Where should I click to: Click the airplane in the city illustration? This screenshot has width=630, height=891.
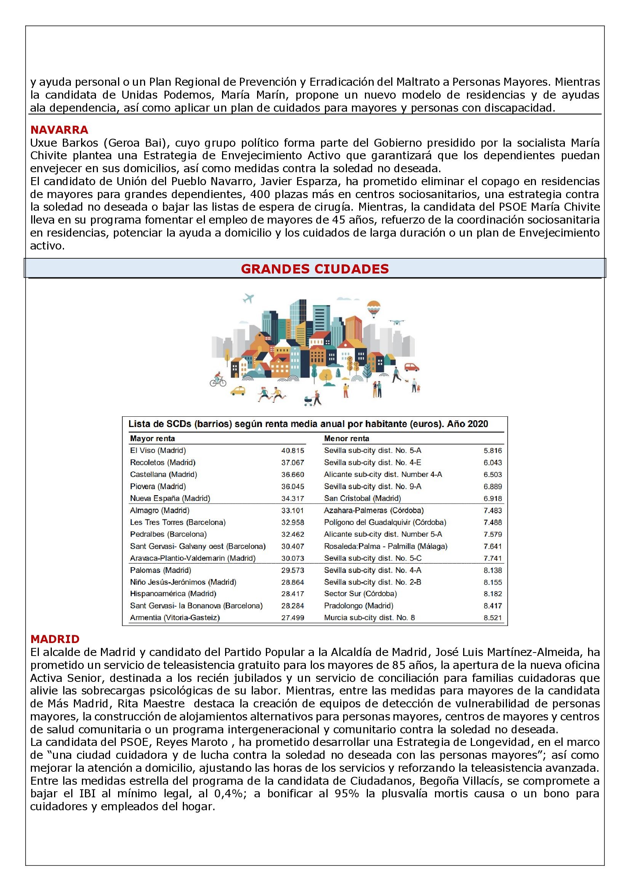coord(248,298)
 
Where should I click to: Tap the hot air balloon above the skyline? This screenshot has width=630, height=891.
coord(374,309)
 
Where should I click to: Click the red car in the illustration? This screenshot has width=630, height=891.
coord(412,367)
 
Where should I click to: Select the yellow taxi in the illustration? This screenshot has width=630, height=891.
coord(238,390)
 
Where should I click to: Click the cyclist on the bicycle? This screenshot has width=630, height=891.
coord(218,380)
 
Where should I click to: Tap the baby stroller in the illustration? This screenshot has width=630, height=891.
coord(309,401)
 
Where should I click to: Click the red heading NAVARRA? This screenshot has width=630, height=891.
coord(59,130)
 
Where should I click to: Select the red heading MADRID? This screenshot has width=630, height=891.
coord(55,639)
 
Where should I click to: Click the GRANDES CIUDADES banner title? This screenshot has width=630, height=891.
coord(315,269)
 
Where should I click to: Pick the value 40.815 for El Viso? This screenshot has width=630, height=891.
coord(293,451)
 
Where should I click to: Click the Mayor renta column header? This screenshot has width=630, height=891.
coord(152,438)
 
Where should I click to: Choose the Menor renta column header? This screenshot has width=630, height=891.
coord(346,438)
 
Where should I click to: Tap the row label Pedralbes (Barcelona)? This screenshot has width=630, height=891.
coord(168,534)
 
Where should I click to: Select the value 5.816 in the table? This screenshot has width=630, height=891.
coord(492,451)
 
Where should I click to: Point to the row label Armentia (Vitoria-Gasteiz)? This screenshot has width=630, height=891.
coord(175,617)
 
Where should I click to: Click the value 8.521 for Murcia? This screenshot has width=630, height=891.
coord(492,617)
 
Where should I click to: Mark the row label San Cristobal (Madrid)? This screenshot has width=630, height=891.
coord(362,498)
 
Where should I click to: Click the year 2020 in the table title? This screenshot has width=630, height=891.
coord(478,424)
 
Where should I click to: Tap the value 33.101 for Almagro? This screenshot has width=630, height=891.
coord(293,510)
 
